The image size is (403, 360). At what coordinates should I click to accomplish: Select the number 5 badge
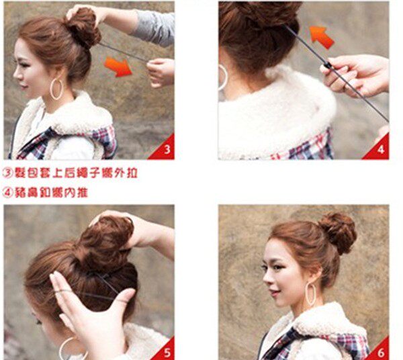[x=166, y=350]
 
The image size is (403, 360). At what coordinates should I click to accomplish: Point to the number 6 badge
[x=379, y=350]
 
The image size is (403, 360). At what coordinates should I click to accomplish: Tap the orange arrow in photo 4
[x=321, y=36]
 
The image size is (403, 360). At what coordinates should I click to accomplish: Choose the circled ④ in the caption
[x=8, y=192]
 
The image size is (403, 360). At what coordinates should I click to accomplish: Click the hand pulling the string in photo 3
[x=161, y=71]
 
